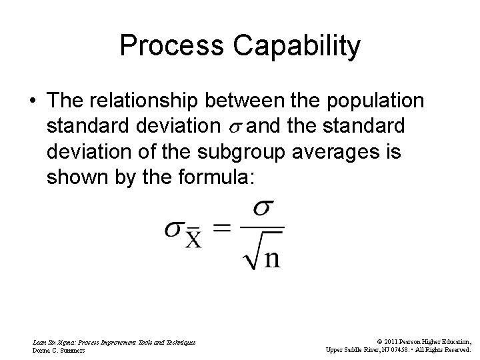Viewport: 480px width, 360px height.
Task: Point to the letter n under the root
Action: click(273, 258)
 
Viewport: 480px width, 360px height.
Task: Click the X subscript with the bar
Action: click(193, 237)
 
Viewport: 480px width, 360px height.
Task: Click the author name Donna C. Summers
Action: click(59, 349)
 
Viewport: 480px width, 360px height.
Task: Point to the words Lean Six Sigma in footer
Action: click(55, 341)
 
